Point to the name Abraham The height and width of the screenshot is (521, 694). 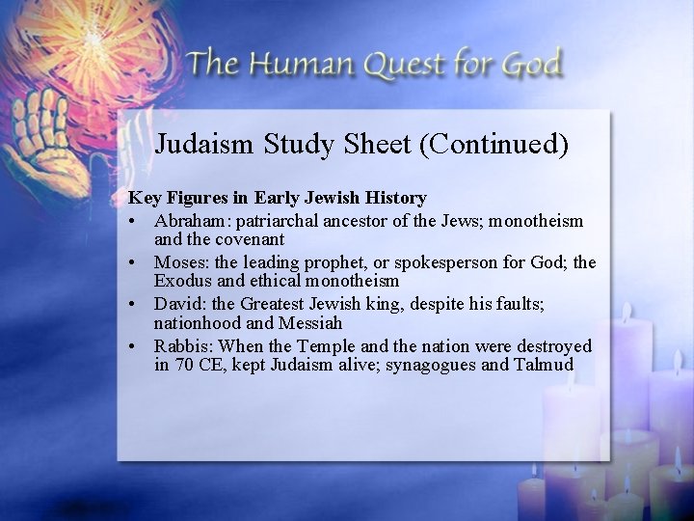(x=192, y=221)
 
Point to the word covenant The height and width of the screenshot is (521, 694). (x=250, y=239)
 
